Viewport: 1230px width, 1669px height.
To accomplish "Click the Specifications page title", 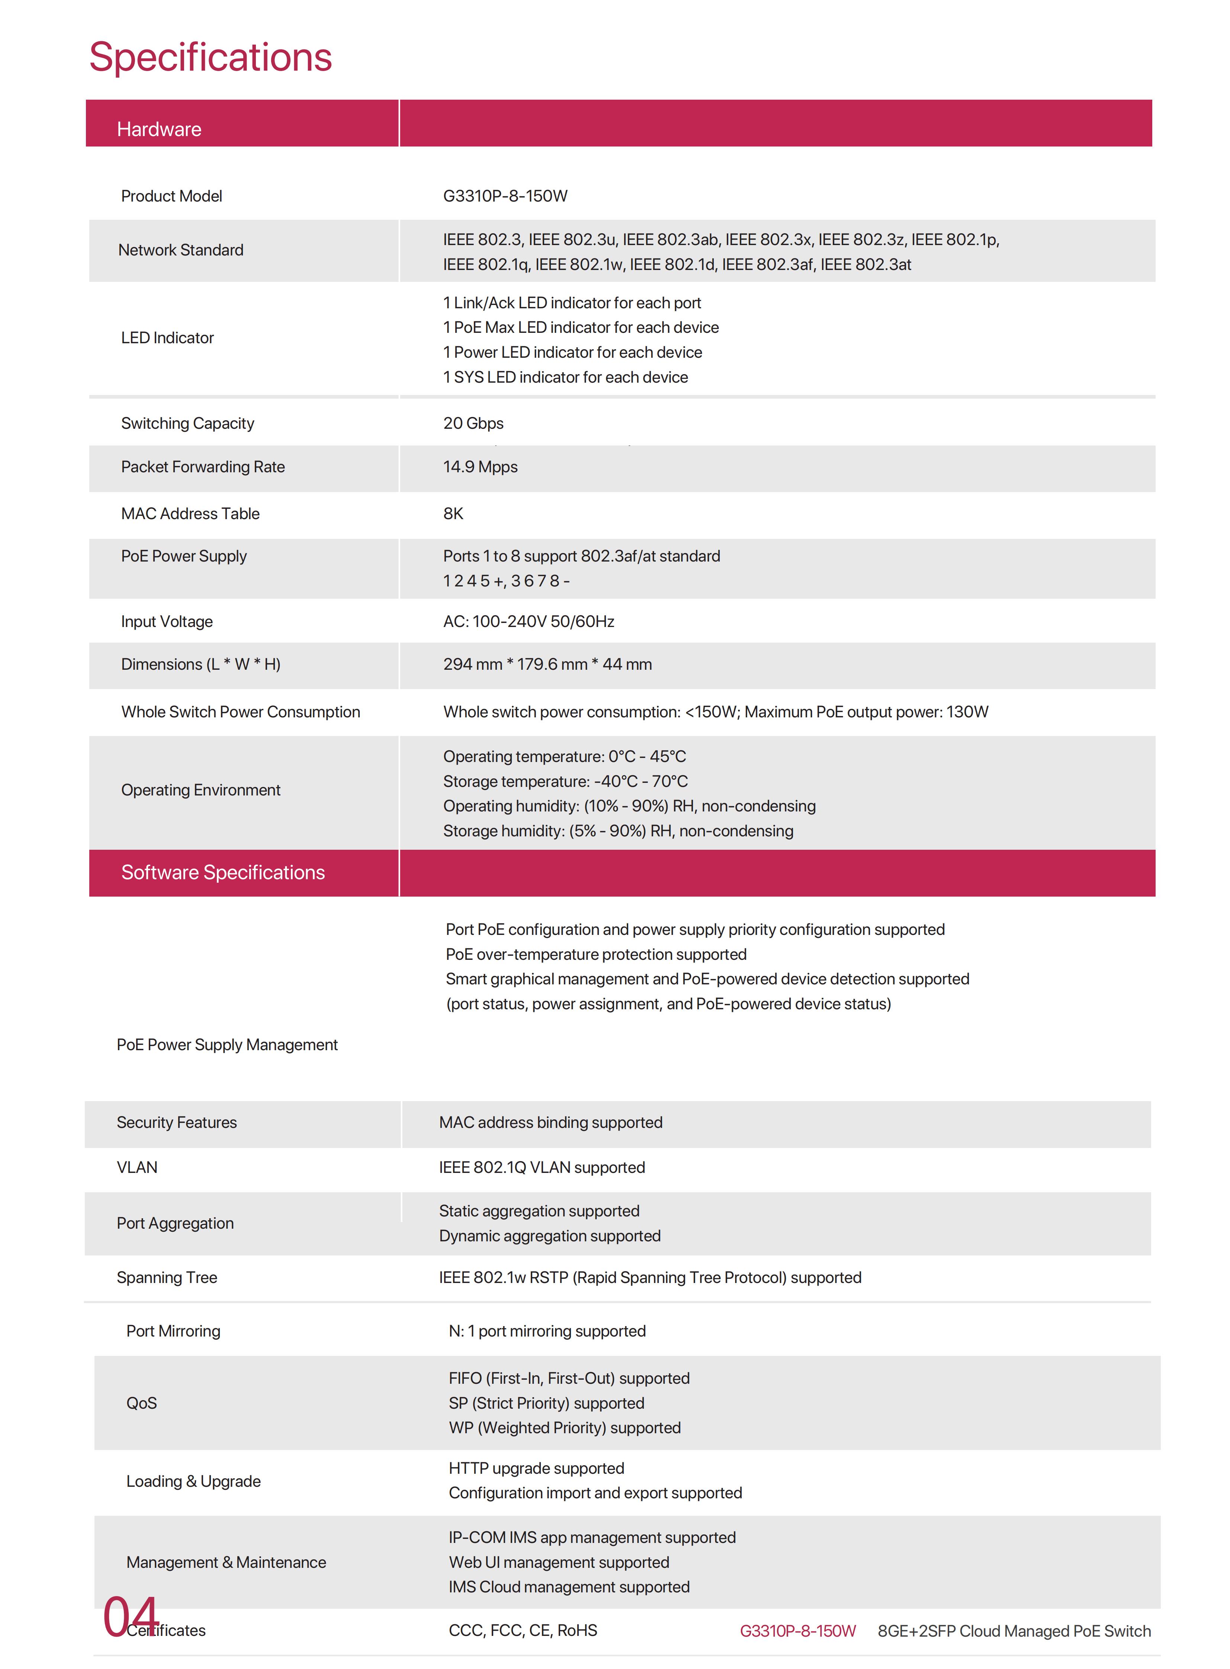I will (211, 57).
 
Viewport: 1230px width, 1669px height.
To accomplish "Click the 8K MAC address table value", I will (453, 514).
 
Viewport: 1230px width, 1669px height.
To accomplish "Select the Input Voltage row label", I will (167, 621).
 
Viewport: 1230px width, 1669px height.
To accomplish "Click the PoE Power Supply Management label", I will (227, 1045).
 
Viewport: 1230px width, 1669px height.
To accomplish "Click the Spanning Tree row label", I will (167, 1277).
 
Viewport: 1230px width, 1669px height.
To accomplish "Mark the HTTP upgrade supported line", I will (536, 1468).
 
